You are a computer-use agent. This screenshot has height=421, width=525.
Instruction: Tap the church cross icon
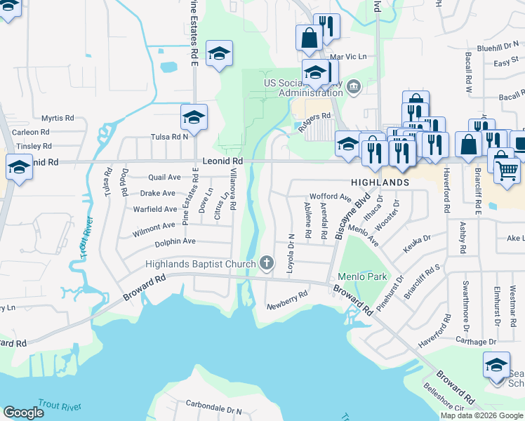pyautogui.click(x=266, y=263)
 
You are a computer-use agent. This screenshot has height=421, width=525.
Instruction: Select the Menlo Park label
pyautogui.click(x=362, y=276)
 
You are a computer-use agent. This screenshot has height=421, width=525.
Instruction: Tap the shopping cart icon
pyautogui.click(x=507, y=169)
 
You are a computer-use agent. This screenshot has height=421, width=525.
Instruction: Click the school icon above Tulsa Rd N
pyautogui.click(x=194, y=117)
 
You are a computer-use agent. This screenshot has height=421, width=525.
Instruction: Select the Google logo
pyautogui.click(x=23, y=413)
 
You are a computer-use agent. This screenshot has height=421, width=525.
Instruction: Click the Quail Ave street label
pyautogui.click(x=165, y=178)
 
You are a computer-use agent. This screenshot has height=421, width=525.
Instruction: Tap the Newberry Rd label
pyautogui.click(x=287, y=300)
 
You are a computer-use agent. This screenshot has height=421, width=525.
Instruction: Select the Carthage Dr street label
pyautogui.click(x=477, y=342)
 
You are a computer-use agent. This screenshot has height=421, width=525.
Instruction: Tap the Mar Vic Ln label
pyautogui.click(x=347, y=55)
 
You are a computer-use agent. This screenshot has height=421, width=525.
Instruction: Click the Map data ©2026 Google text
pyautogui.click(x=481, y=415)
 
